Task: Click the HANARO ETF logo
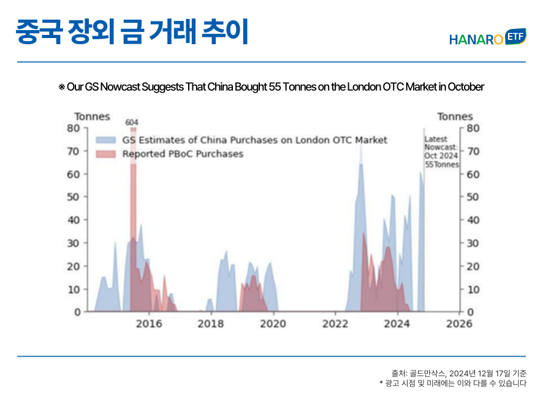coord(487,37)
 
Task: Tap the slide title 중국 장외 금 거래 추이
coord(132,32)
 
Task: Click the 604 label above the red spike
coord(132,122)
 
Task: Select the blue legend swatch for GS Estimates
coord(107,140)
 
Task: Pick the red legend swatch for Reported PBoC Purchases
coord(107,154)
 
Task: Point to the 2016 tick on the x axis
coord(149,323)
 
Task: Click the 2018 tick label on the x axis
coord(211,323)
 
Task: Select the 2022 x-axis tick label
coord(335,323)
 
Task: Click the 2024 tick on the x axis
coord(397,323)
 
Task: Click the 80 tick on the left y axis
coord(74,128)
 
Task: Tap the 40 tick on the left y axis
coord(74,220)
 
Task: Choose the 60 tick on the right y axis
coord(473,174)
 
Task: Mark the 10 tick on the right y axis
coord(473,289)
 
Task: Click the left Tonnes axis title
coord(92,117)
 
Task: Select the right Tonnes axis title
coord(455,117)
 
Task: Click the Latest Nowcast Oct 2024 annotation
coord(441,152)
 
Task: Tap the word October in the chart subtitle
coord(466,87)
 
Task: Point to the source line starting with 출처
coord(458,372)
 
